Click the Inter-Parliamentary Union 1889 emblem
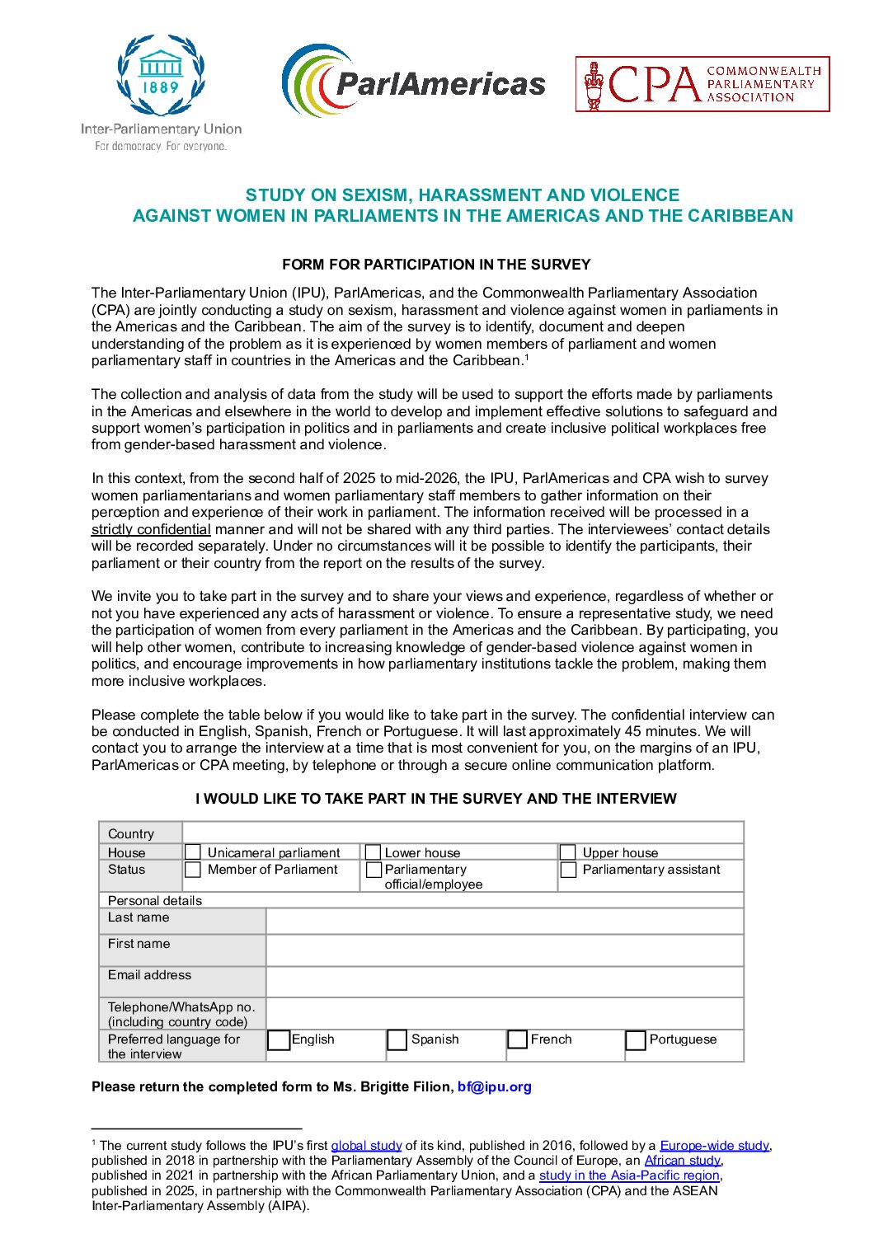tap(161, 76)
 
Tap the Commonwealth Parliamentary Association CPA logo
tap(702, 84)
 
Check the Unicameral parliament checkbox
tap(193, 852)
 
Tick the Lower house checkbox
tap(374, 852)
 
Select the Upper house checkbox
tap(568, 852)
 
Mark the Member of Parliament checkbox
tap(193, 870)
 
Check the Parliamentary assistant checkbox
tap(568, 870)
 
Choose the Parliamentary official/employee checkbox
tap(374, 870)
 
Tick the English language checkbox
tap(280, 1040)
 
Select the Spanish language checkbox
tap(397, 1040)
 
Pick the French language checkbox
tap(518, 1040)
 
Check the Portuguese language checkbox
tap(636, 1040)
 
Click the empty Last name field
tap(505, 921)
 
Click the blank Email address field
tap(505, 982)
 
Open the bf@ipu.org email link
tap(495, 1086)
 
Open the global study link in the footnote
tap(366, 1145)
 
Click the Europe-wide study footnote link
tap(714, 1145)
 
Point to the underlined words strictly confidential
tap(151, 529)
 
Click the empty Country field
tap(463, 833)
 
